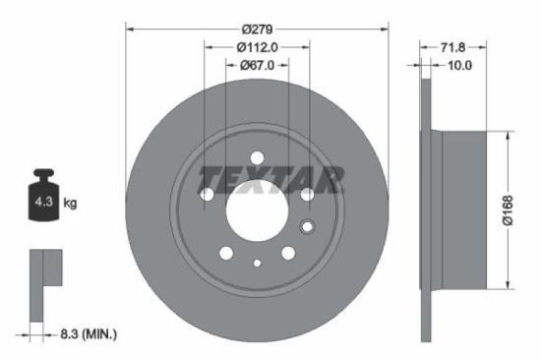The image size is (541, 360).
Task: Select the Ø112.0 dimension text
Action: tap(258, 45)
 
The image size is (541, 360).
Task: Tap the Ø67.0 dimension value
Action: tap(258, 65)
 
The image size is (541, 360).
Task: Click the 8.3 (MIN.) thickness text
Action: tap(88, 335)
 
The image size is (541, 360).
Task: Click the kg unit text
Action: tap(70, 204)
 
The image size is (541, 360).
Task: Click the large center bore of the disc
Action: tap(257, 208)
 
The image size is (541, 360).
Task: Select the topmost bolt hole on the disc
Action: tap(257, 157)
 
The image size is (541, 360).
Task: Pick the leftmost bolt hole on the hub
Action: tap(208, 196)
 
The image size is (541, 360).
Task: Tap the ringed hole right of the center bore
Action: tap(307, 229)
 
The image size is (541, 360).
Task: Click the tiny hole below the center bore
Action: tap(257, 263)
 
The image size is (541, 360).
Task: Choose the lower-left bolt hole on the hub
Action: tap(227, 253)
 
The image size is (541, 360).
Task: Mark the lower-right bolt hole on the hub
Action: tap(287, 253)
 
